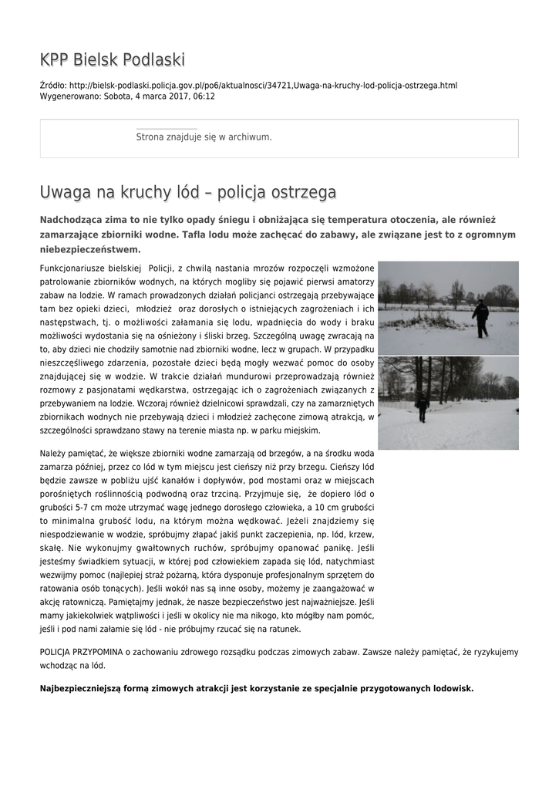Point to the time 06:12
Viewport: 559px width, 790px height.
tap(204, 96)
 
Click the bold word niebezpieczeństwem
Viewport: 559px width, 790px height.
tap(90, 250)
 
